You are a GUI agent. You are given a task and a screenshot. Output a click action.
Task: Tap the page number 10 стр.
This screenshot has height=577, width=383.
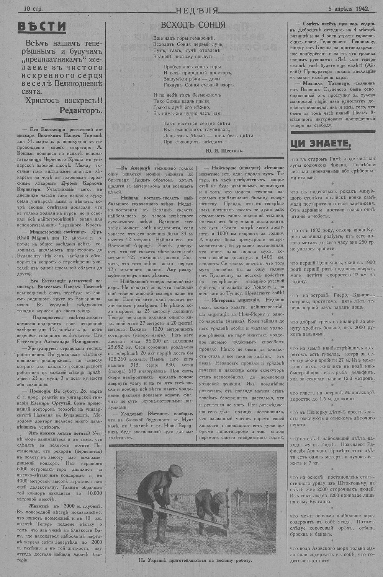point(33,8)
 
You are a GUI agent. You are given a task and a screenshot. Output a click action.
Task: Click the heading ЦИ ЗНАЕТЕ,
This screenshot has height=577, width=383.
point(321,143)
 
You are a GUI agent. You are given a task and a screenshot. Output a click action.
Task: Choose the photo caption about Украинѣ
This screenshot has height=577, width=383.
point(195,561)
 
